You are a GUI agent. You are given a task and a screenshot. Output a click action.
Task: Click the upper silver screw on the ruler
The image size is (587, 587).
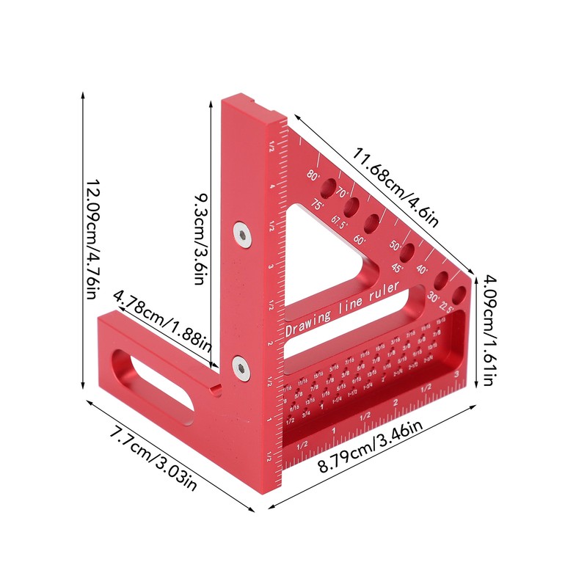tap(241, 233)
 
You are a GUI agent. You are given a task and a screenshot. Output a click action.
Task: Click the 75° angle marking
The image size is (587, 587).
tap(317, 205)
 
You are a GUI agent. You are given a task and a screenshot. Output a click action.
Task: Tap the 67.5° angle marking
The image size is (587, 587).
tap(339, 222)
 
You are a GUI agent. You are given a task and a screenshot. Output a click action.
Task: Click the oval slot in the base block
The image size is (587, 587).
tap(151, 378)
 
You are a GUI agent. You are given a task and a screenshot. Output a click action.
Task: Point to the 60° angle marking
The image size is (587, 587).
tap(360, 239)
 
